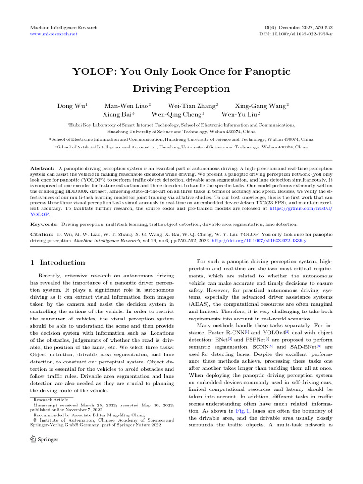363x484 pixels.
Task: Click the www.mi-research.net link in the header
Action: (53, 35)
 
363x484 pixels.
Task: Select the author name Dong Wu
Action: (71, 106)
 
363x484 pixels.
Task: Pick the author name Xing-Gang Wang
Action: (261, 106)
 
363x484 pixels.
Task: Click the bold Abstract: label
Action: (43, 168)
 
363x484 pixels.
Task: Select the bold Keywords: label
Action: (44, 224)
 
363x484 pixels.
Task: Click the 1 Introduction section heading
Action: (58, 263)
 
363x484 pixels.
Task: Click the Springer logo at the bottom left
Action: (44, 439)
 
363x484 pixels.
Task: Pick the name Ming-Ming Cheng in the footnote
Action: (120, 415)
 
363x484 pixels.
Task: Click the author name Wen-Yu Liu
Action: (240, 114)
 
